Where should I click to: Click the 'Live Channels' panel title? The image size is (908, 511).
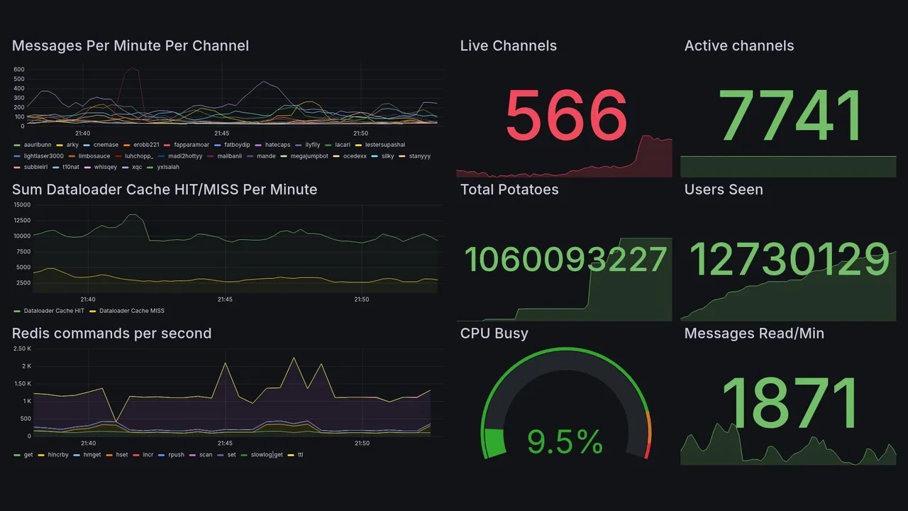tap(508, 46)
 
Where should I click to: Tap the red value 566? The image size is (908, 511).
tap(566, 115)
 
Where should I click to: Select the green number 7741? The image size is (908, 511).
tap(790, 115)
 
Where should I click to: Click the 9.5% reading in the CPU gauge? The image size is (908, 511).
tap(565, 443)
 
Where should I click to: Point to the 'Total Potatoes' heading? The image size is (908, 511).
tap(509, 189)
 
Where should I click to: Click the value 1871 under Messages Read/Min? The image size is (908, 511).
tap(790, 403)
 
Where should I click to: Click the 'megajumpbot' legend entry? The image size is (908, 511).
tap(309, 156)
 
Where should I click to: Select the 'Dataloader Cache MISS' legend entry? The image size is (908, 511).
tap(131, 311)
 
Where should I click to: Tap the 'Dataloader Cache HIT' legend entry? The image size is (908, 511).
tap(54, 311)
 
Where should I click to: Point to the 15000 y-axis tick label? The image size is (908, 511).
tap(22, 204)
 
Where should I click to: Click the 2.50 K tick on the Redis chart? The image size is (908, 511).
tap(23, 348)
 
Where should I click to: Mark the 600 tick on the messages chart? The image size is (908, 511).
tap(19, 70)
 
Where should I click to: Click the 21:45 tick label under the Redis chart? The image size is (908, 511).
tap(225, 444)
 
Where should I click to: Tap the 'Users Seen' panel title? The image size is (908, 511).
tap(724, 189)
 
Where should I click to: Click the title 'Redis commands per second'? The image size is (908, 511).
tap(111, 334)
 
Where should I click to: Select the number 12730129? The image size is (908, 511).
tap(789, 259)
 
